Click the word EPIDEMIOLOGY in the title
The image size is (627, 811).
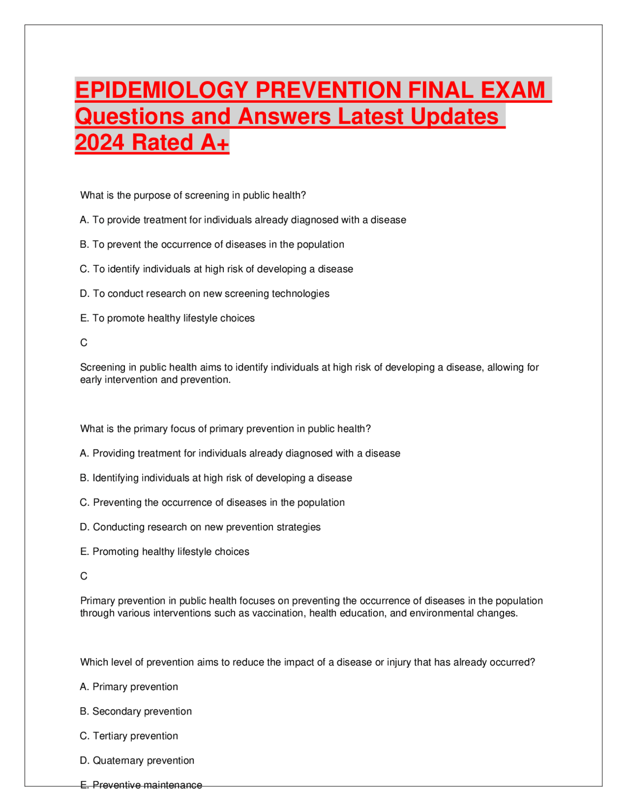[162, 90]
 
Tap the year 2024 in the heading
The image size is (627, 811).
[99, 143]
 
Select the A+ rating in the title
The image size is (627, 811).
[214, 143]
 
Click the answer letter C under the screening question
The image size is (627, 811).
[84, 343]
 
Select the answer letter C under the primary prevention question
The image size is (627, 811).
[84, 576]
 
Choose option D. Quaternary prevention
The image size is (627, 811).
[137, 761]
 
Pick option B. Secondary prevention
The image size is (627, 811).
[136, 712]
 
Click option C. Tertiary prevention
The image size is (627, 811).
[129, 736]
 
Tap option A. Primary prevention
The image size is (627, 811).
[129, 687]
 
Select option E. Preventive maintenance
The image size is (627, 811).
[141, 785]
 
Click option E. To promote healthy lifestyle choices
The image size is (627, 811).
[168, 318]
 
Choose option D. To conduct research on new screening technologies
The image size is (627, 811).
[205, 294]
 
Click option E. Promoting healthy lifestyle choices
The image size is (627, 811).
[165, 552]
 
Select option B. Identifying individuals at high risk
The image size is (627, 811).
[216, 478]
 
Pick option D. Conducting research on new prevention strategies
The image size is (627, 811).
[200, 527]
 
